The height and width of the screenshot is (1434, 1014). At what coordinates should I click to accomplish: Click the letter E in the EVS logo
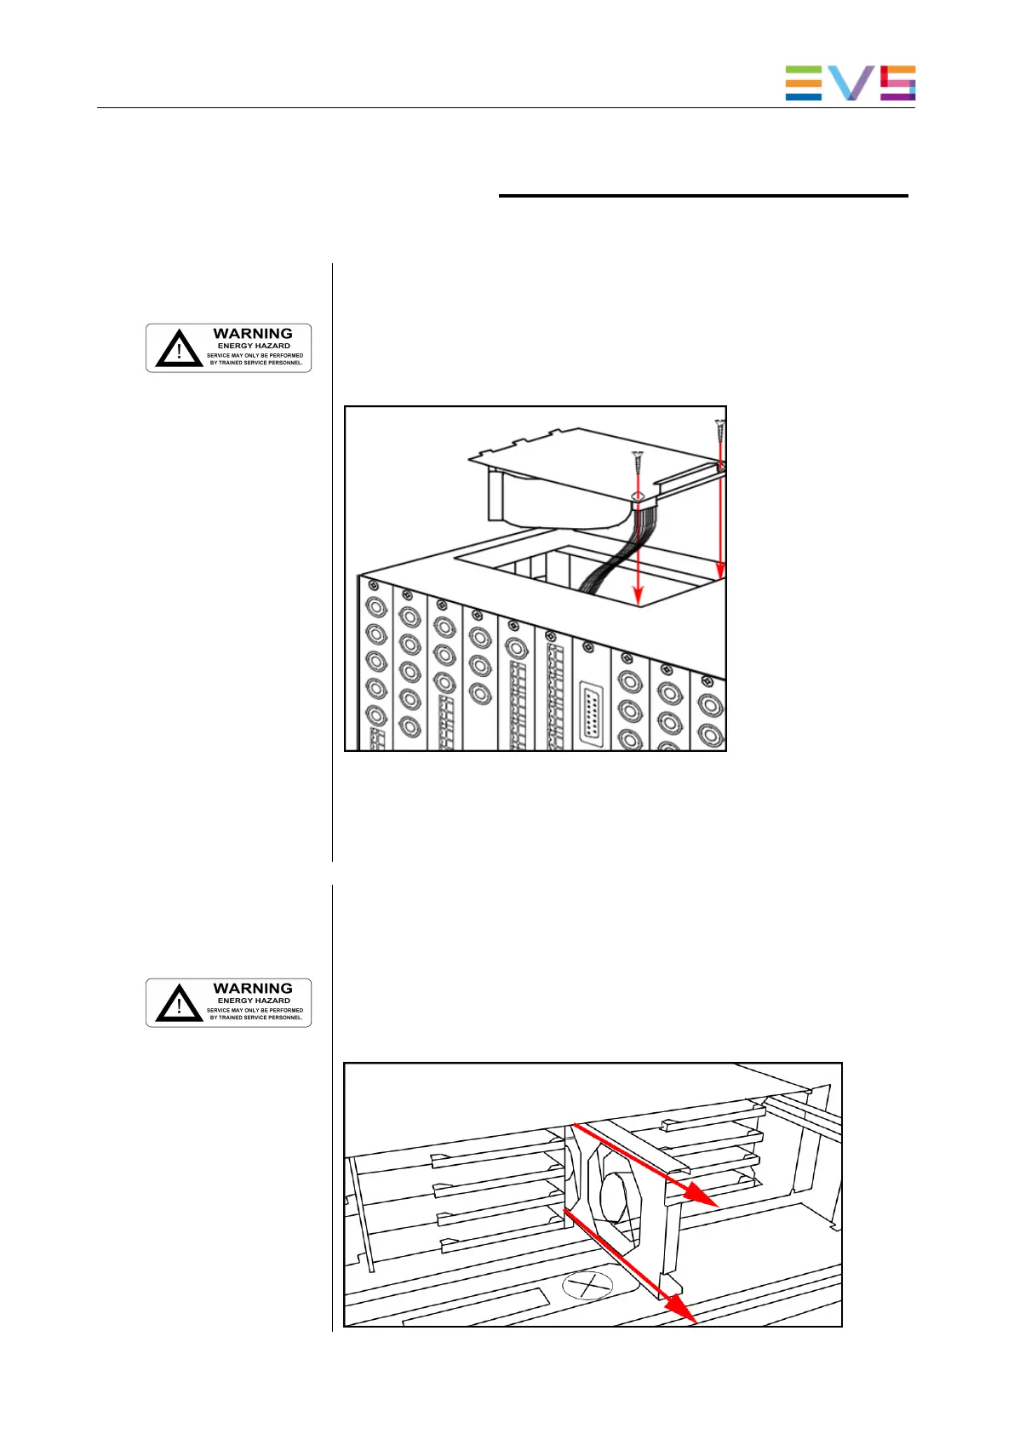coord(803,83)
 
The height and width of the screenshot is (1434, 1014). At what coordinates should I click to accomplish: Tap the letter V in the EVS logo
coord(851,83)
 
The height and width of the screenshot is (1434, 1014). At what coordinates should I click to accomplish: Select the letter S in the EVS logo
coord(897,83)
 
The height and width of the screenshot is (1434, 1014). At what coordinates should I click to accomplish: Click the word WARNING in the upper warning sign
coord(253,334)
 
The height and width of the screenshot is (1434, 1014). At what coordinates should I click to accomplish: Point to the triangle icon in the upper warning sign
coord(179,348)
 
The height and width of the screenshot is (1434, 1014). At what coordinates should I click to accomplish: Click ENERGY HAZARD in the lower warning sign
coord(254,1001)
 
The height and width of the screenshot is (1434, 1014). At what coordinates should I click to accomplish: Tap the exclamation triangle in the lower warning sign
coord(179,1003)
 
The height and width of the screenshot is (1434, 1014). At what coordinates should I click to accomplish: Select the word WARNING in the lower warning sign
coord(253,989)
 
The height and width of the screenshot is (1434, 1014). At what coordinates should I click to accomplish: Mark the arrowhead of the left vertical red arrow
coord(639,597)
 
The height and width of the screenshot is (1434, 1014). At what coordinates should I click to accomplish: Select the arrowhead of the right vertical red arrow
coord(721,570)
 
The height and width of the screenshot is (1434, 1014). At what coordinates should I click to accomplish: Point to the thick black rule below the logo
coord(703,196)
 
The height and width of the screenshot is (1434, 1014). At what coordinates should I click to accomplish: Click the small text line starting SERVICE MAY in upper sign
coord(255,356)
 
